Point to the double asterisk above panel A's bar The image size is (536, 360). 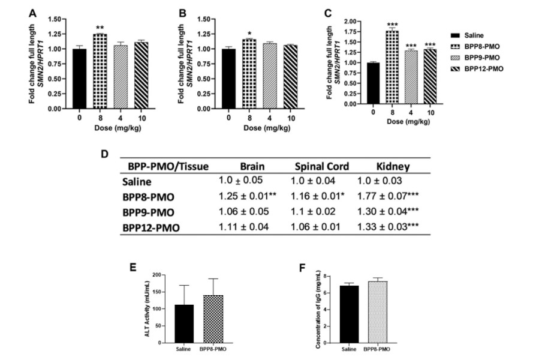[x=100, y=28]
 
